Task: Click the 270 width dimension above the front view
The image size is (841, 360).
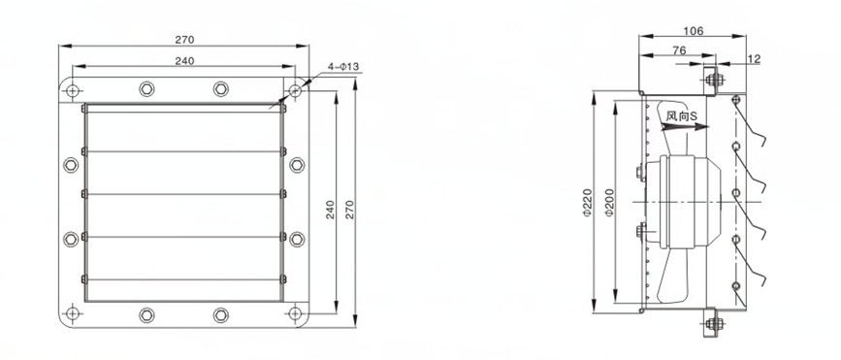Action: (184, 40)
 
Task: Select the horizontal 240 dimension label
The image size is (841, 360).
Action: (184, 60)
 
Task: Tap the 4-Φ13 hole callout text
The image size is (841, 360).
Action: (343, 67)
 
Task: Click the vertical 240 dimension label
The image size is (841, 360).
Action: (330, 210)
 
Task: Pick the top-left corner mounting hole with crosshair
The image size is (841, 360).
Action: (73, 90)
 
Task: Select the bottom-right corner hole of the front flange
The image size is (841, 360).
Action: (295, 313)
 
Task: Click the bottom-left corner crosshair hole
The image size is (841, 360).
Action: (73, 313)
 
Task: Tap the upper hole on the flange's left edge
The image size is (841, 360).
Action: (71, 165)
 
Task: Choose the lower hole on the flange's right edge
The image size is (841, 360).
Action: (297, 240)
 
